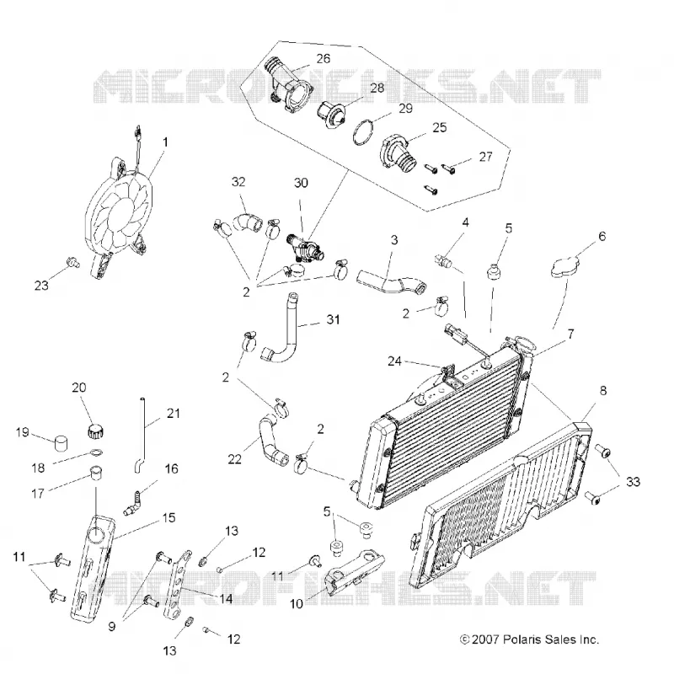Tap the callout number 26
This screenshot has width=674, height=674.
[324, 58]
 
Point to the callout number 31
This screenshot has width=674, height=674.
[333, 319]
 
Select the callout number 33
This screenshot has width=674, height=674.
[633, 482]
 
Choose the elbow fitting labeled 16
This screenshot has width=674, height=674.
[132, 503]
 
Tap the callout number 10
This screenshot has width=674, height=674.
[297, 603]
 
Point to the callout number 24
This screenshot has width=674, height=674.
[394, 361]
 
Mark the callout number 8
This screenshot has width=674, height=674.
[603, 390]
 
